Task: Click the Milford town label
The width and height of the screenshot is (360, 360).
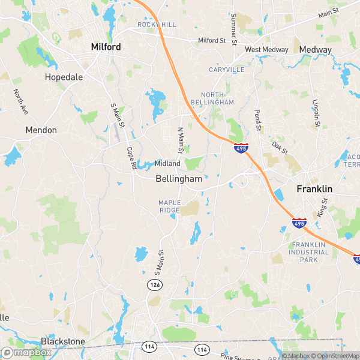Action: click(x=106, y=46)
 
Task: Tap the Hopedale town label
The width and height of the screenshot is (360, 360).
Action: click(x=64, y=77)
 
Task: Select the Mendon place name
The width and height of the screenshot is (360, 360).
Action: click(x=41, y=130)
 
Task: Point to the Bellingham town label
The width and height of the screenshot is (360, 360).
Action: click(x=178, y=179)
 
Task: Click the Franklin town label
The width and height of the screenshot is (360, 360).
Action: click(x=316, y=188)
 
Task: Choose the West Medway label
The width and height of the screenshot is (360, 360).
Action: click(x=266, y=49)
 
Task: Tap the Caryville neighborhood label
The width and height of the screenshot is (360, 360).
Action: click(x=226, y=70)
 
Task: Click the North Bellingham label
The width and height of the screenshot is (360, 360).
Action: click(x=217, y=99)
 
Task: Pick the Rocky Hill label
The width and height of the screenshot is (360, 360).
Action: click(x=156, y=25)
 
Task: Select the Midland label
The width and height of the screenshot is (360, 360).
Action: click(x=167, y=163)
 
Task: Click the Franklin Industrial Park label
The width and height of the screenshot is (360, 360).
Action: click(x=310, y=253)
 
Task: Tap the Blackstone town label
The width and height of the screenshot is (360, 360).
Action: click(x=62, y=341)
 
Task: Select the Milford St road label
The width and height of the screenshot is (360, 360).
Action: click(x=214, y=41)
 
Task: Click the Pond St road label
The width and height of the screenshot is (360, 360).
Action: click(x=259, y=120)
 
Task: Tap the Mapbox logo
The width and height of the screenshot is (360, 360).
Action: click(x=26, y=352)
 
